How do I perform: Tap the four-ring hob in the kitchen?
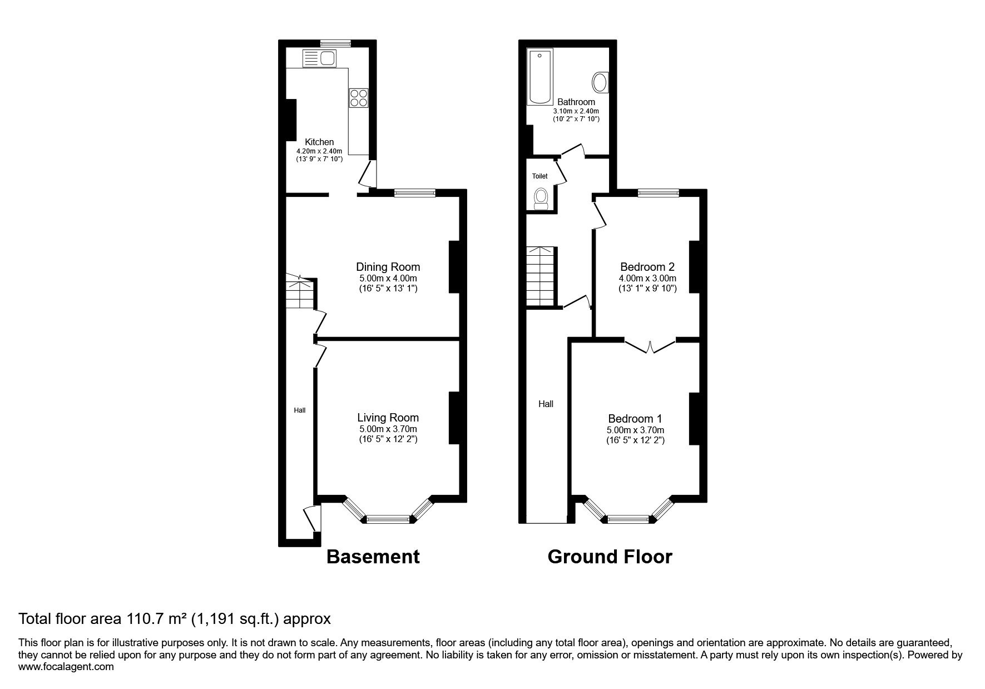[x=359, y=97]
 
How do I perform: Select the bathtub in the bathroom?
[x=539, y=77]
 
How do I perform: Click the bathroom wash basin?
[x=600, y=83]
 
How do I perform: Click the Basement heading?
[x=373, y=556]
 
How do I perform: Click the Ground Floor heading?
[x=610, y=556]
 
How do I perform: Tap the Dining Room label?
[x=388, y=267]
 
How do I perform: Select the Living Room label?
[x=388, y=418]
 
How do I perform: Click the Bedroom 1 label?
[x=635, y=419]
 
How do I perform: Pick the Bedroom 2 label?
[x=647, y=267]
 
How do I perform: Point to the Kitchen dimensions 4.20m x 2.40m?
[x=319, y=151]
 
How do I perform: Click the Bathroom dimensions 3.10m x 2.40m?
[x=576, y=111]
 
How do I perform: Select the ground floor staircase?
[x=542, y=276]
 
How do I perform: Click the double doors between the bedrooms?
[x=650, y=346]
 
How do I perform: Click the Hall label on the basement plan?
[x=300, y=410]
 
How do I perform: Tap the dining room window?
[x=414, y=193]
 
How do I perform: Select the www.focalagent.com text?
[x=66, y=667]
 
